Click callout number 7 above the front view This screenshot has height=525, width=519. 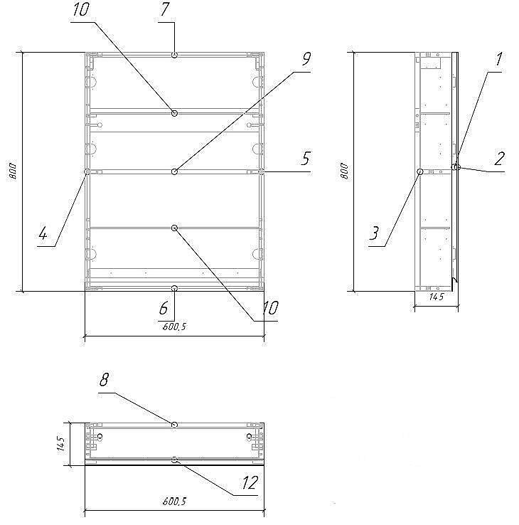[x=165, y=9]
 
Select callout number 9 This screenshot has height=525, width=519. [x=306, y=59]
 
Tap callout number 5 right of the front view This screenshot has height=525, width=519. [x=306, y=159]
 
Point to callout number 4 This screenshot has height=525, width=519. [x=43, y=233]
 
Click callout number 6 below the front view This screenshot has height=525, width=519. [x=164, y=308]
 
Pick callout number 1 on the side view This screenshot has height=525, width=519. [x=498, y=59]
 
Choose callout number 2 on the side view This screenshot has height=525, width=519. [x=499, y=159]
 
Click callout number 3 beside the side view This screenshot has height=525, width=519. [x=374, y=233]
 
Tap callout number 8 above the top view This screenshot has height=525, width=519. [x=104, y=380]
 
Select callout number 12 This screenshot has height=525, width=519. [x=250, y=482]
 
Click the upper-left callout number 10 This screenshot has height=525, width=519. [x=81, y=9]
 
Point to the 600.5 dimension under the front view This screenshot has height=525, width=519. [x=174, y=327]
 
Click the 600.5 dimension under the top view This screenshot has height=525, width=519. [x=174, y=502]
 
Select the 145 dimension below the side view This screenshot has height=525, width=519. [x=437, y=297]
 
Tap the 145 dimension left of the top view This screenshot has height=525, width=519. [x=61, y=444]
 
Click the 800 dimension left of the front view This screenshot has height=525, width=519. [x=12, y=171]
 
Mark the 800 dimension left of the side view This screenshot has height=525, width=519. [x=344, y=171]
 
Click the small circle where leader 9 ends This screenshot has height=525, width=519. [x=174, y=171]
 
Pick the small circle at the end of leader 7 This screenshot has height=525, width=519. [x=174, y=55]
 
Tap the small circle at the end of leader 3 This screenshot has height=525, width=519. [x=420, y=171]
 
